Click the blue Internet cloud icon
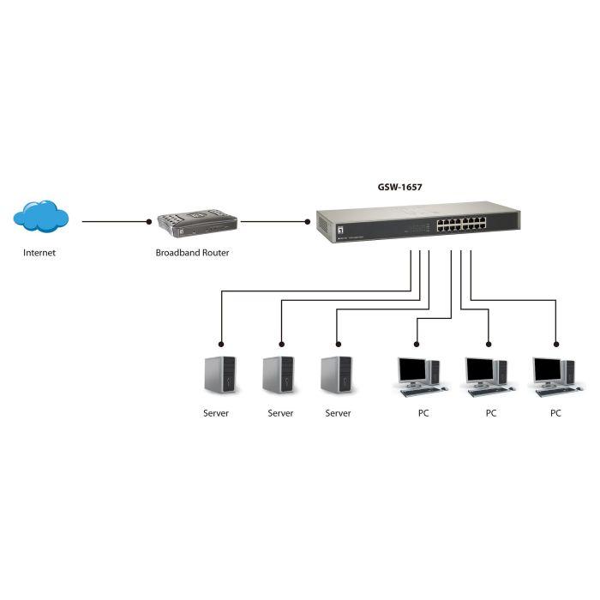click(41, 217)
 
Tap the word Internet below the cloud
click(39, 253)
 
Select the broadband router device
click(195, 225)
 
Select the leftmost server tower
click(219, 375)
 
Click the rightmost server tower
click(337, 375)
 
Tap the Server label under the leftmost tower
click(216, 413)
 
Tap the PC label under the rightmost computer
click(555, 413)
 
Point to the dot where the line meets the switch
click(309, 221)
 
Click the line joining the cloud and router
click(116, 221)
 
